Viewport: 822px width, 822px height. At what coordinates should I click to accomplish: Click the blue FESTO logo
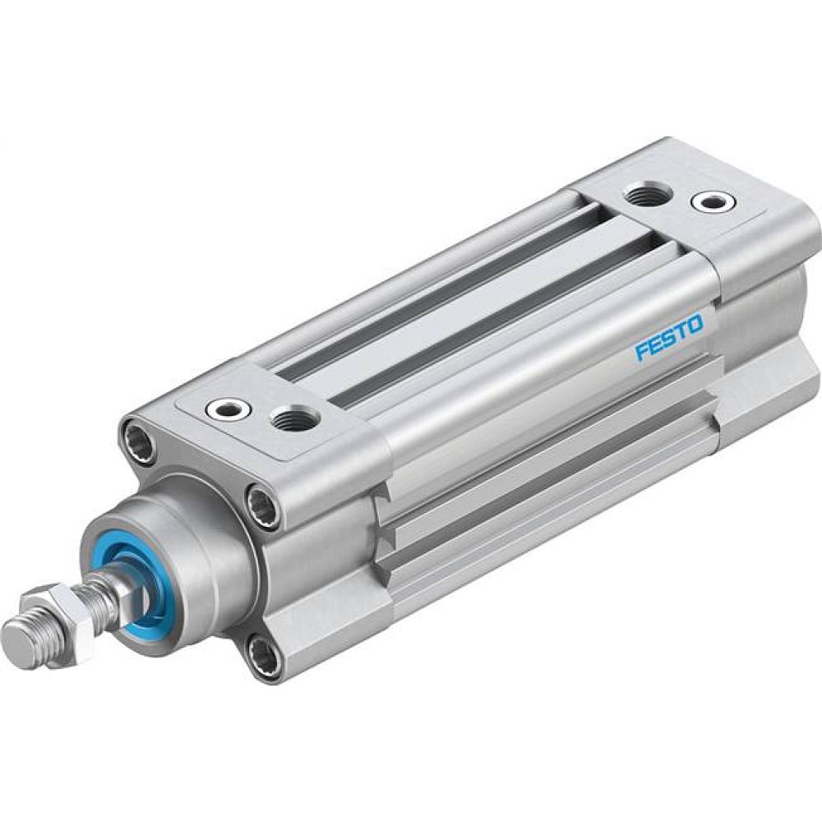[668, 339]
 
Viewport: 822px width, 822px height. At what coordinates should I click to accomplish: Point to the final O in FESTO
[695, 326]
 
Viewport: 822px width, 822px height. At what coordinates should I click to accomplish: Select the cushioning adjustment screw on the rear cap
[709, 200]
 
